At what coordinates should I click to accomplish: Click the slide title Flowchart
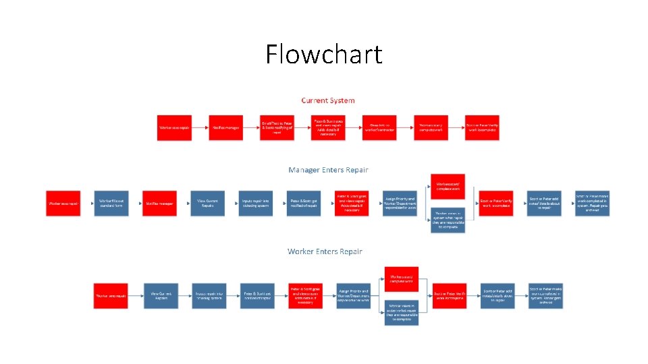click(323, 54)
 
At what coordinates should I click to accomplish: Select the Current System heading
click(328, 100)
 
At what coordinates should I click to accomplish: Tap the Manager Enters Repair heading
click(328, 170)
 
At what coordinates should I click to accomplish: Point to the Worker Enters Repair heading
click(325, 251)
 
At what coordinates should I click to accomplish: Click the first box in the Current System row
click(174, 127)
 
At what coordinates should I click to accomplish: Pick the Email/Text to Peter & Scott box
click(277, 127)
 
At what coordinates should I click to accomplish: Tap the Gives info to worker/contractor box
click(380, 127)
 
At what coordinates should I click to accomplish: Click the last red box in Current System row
click(483, 127)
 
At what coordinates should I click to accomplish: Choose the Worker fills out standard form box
click(111, 204)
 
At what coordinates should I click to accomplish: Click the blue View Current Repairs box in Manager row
click(206, 204)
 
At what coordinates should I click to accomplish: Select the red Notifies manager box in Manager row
click(159, 204)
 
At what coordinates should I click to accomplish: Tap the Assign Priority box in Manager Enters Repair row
click(399, 204)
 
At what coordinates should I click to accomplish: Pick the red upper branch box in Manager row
click(448, 186)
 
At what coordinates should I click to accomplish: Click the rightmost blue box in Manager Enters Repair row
click(592, 204)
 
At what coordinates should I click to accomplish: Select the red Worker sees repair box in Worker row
click(110, 296)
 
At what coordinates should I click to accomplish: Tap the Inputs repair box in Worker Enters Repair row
click(209, 296)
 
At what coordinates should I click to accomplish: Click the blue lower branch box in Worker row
click(402, 313)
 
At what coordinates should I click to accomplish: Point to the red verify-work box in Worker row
click(450, 296)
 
